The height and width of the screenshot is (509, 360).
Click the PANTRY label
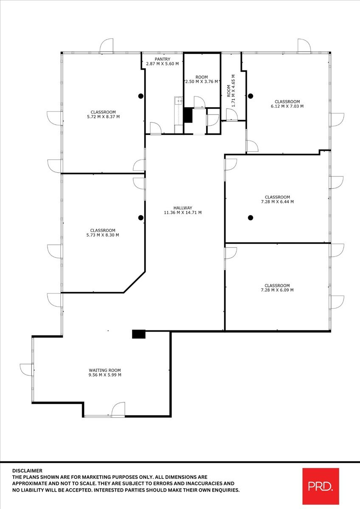(x=162, y=59)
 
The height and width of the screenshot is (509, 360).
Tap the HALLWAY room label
(x=183, y=207)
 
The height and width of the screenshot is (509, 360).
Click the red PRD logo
(x=321, y=486)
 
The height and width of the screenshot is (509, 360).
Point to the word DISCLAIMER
(x=27, y=470)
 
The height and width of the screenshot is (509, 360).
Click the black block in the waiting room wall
(x=138, y=334)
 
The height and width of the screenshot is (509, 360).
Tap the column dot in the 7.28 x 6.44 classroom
(x=250, y=218)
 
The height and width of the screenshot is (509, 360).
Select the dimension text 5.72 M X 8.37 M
(x=103, y=117)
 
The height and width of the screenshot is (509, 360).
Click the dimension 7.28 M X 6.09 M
(x=277, y=290)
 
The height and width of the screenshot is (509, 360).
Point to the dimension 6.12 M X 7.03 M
(x=287, y=106)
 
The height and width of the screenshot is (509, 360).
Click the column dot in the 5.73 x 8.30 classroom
(x=141, y=218)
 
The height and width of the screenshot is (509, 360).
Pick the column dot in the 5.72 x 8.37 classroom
(x=141, y=96)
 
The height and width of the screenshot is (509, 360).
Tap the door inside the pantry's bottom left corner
(x=155, y=129)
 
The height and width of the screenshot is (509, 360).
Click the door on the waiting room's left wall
(x=26, y=369)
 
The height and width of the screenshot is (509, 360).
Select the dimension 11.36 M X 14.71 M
(x=183, y=213)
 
